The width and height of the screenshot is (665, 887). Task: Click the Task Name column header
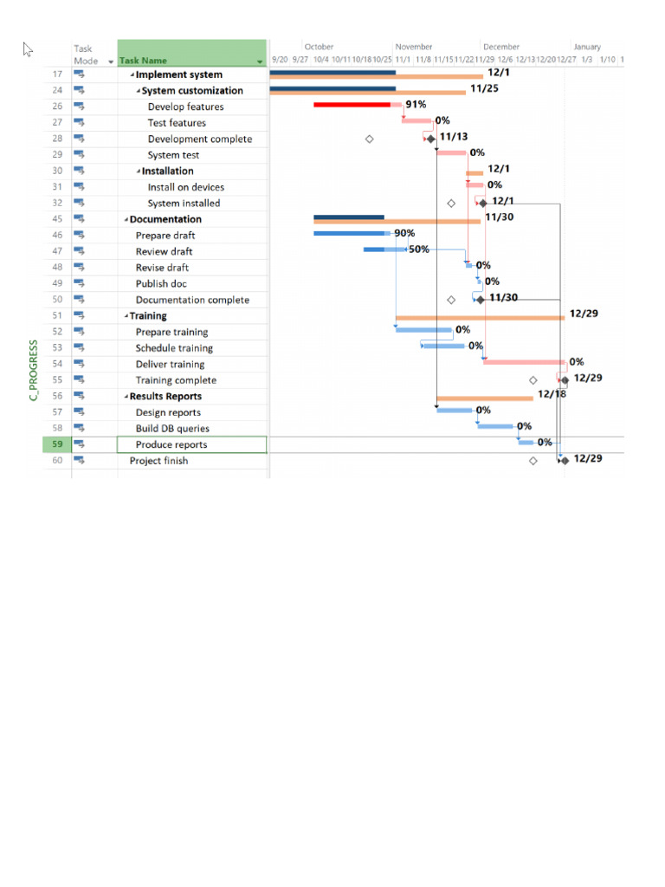pyautogui.click(x=143, y=61)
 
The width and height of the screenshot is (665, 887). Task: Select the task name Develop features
pyautogui.click(x=185, y=107)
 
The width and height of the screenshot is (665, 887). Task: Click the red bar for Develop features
pyautogui.click(x=352, y=105)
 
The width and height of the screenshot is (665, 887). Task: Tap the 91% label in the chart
pyautogui.click(x=416, y=105)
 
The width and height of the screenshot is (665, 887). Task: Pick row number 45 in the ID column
pyautogui.click(x=57, y=219)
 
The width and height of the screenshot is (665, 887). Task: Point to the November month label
pyautogui.click(x=414, y=47)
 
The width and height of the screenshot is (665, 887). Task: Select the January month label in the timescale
pyautogui.click(x=586, y=47)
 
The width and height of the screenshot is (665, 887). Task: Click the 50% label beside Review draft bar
pyautogui.click(x=419, y=249)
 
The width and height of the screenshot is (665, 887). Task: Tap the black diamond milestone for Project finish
pyautogui.click(x=565, y=460)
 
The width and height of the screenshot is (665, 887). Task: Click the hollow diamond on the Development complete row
pyautogui.click(x=370, y=139)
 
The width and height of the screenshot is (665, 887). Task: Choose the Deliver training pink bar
pyautogui.click(x=524, y=361)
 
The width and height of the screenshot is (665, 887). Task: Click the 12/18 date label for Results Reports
pyautogui.click(x=552, y=394)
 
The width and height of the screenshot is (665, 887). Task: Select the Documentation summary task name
pyautogui.click(x=165, y=219)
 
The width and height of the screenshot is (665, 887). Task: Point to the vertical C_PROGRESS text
pyautogui.click(x=34, y=370)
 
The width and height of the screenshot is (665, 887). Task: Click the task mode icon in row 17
pyautogui.click(x=79, y=74)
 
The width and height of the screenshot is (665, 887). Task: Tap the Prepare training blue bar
pyautogui.click(x=423, y=329)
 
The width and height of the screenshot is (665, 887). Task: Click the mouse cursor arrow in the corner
pyautogui.click(x=27, y=49)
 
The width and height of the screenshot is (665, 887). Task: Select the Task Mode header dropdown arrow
pyautogui.click(x=111, y=62)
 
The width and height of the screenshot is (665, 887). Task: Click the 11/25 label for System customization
pyautogui.click(x=484, y=88)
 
